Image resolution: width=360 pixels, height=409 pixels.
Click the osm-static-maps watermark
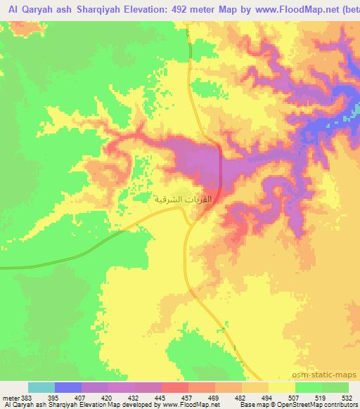[329, 374]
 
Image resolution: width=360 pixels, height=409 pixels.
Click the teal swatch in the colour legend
[41, 387]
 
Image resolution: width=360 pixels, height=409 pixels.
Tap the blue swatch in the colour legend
[68, 387]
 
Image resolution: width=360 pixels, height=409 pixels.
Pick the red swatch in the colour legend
[175, 387]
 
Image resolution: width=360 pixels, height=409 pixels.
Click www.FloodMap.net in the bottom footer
[185, 405]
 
